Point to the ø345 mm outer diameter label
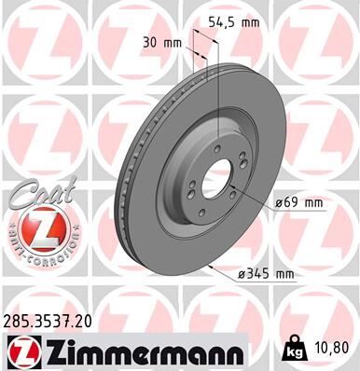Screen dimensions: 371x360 [268, 273]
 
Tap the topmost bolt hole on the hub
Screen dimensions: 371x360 [216, 146]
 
